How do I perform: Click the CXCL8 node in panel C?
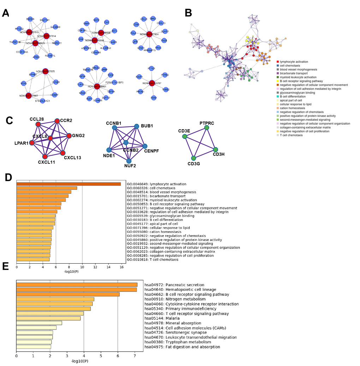click(x=50, y=138)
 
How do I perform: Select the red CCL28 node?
click(x=38, y=124)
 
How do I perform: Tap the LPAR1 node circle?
click(x=31, y=143)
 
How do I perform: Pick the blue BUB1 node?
click(x=136, y=126)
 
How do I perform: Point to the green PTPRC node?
click(x=206, y=127)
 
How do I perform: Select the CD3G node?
click(x=193, y=158)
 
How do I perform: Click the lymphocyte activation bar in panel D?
click(x=68, y=184)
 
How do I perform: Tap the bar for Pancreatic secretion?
click(x=77, y=285)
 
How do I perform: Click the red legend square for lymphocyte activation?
click(x=278, y=62)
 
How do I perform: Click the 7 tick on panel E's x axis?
click(x=134, y=356)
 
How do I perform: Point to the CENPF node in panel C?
click(x=145, y=146)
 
